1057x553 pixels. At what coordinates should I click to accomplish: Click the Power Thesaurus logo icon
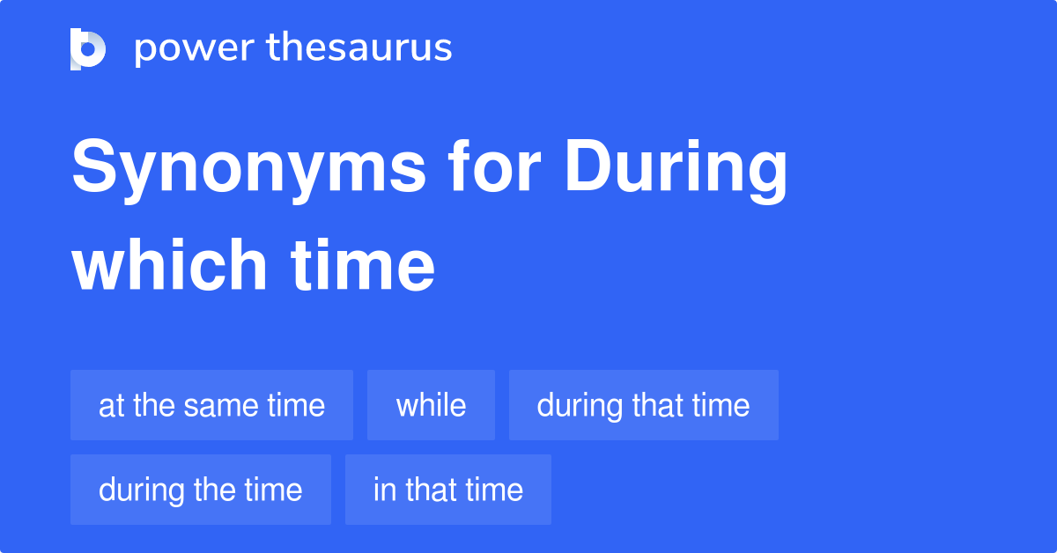click(x=88, y=48)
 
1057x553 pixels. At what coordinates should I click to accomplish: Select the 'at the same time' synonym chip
click(x=211, y=405)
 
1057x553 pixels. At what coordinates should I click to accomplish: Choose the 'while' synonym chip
click(x=431, y=405)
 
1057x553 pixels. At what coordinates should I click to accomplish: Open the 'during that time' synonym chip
click(x=643, y=405)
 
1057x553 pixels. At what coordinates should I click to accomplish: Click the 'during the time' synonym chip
click(x=200, y=490)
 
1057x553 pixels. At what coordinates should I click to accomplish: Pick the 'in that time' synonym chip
click(x=447, y=490)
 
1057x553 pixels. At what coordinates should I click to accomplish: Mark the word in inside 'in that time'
click(x=384, y=490)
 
